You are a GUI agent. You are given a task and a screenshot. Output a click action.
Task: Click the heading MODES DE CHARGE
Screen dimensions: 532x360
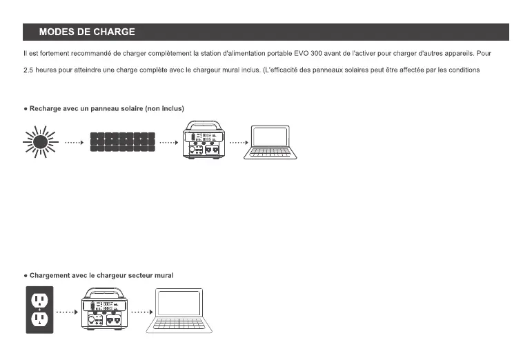(x=86, y=32)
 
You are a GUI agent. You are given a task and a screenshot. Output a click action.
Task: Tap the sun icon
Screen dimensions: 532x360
(x=39, y=142)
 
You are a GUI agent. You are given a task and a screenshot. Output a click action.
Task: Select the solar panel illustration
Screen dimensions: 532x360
(x=123, y=143)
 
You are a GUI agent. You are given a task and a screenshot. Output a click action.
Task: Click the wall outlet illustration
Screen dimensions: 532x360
(x=39, y=309)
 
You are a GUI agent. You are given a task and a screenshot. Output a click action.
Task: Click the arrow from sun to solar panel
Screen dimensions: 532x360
(x=73, y=143)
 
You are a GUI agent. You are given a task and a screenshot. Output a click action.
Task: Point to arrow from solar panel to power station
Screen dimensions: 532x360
(x=169, y=143)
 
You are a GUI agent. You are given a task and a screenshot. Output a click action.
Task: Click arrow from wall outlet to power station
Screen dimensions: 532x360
(x=66, y=312)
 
